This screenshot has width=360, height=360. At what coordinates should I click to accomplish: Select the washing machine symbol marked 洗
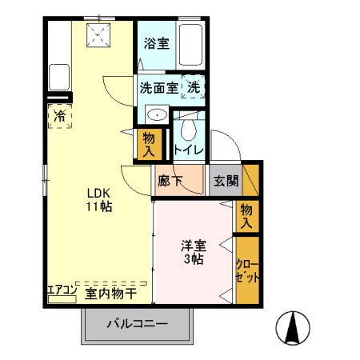tap(194, 86)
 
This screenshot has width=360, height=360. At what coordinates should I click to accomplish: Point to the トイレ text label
tap(190, 150)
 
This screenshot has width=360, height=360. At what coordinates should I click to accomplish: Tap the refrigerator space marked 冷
tap(60, 116)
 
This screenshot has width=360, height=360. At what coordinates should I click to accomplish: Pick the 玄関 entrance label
tap(225, 181)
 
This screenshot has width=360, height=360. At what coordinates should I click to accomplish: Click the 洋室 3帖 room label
tap(194, 253)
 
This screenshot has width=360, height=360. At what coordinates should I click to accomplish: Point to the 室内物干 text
tap(110, 293)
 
